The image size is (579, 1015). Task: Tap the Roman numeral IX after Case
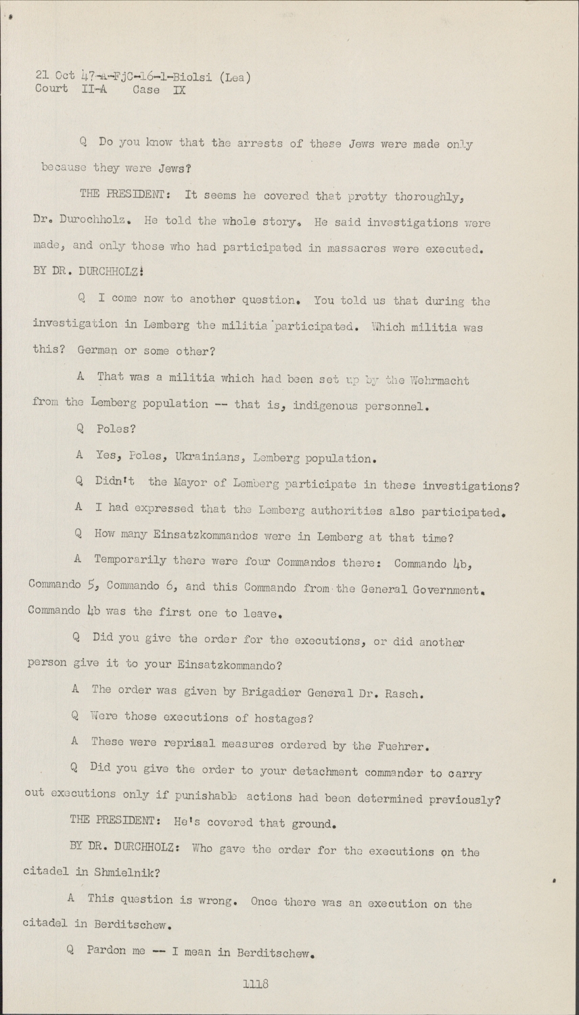point(179,89)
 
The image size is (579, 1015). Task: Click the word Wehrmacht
point(438,380)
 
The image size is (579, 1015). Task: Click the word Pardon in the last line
point(106,950)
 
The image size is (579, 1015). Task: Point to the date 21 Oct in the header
point(55,76)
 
